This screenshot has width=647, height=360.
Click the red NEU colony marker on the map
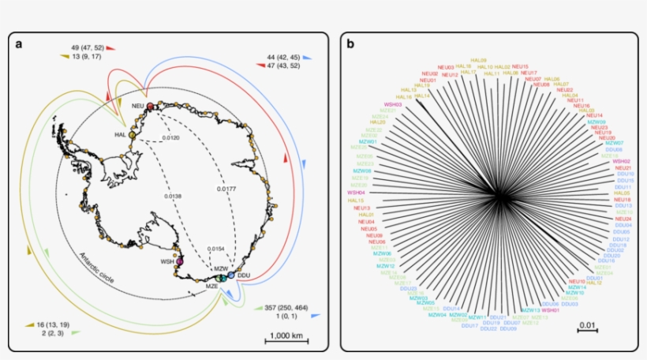click(149, 107)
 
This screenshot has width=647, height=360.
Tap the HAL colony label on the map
click(120, 135)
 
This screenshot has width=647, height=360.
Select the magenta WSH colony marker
click(181, 261)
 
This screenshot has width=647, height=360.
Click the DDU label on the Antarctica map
click(244, 276)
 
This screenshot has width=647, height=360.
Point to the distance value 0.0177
click(226, 189)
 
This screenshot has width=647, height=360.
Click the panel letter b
click(350, 44)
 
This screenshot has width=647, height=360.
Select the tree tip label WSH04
click(357, 192)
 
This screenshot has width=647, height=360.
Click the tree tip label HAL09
click(478, 60)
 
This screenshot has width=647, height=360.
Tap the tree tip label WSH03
click(394, 103)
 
